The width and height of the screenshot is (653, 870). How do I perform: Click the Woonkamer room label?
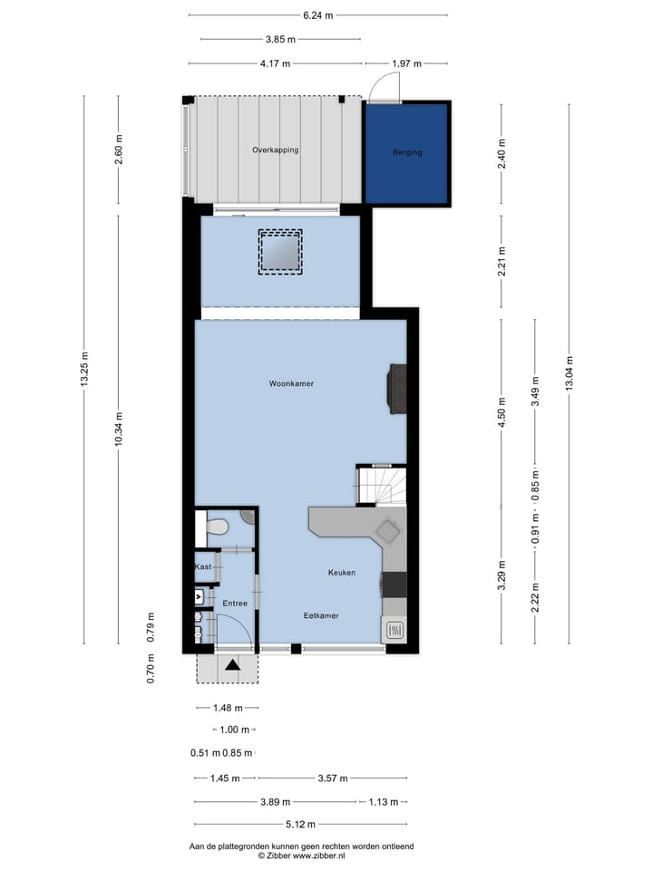[x=291, y=384]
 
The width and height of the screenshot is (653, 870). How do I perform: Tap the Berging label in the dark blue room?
[x=407, y=152]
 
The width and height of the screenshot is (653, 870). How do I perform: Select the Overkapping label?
[x=275, y=150]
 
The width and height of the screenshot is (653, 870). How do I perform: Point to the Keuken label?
[x=342, y=573]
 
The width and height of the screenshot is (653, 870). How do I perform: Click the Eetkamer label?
[x=321, y=615]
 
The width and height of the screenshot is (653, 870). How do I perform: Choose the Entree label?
[x=234, y=603]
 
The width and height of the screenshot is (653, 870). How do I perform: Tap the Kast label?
[x=203, y=566]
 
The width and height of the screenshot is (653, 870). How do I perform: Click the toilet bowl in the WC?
[x=217, y=527]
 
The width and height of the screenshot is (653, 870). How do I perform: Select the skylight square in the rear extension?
[x=280, y=251]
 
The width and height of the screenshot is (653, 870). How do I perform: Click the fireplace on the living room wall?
[x=397, y=389]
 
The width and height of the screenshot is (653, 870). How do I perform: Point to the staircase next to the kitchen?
[x=380, y=485]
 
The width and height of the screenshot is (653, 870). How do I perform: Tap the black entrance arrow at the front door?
[x=233, y=666]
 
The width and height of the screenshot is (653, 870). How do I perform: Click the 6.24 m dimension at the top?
[x=317, y=15]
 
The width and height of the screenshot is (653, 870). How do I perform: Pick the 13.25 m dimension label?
[x=85, y=370]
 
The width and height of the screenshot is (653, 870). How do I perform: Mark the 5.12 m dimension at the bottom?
[x=300, y=825]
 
